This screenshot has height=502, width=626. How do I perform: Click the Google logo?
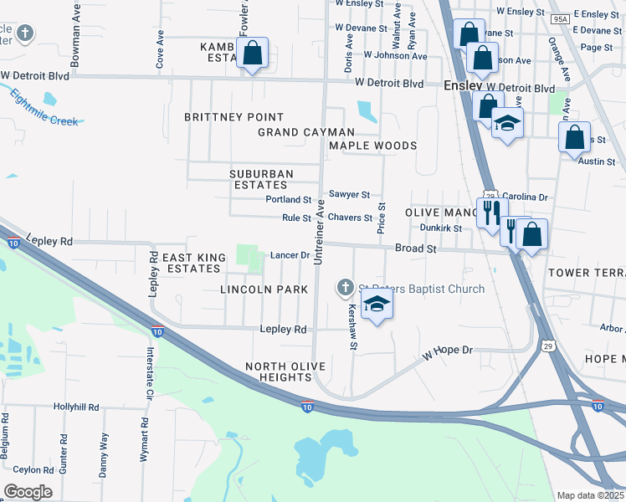click(x=28, y=492)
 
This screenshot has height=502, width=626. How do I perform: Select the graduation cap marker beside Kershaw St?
click(x=377, y=305)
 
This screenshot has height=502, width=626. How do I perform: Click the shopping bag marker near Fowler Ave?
click(x=252, y=55)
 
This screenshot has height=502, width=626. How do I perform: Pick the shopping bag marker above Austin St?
click(x=575, y=139)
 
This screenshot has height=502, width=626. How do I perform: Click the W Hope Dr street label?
click(x=448, y=353)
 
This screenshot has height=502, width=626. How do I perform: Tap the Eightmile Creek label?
click(x=46, y=108)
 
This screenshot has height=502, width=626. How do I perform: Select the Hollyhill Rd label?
click(x=76, y=407)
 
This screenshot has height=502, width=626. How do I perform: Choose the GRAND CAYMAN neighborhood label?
click(x=305, y=132)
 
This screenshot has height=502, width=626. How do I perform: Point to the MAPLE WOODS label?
click(x=372, y=146)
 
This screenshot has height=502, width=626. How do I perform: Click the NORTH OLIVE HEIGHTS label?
click(x=279, y=372)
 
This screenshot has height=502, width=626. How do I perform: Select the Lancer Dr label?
click(x=290, y=255)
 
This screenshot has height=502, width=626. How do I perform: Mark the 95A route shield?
click(x=559, y=18)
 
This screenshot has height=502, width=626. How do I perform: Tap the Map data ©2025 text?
click(x=590, y=495)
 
